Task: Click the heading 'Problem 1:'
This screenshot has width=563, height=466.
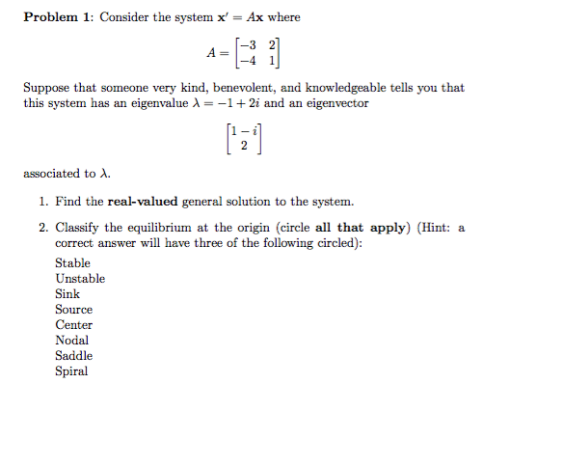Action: pos(58,17)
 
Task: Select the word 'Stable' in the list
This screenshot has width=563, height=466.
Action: pos(72,262)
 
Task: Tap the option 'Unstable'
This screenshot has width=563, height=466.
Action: pos(80,278)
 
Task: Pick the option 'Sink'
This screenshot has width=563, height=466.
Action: pos(67,293)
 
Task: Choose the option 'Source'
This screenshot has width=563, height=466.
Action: pos(73,309)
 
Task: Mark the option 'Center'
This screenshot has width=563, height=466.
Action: pos(73,324)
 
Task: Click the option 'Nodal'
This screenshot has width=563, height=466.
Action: pos(71,340)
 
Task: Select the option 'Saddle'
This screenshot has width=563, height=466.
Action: pos(73,355)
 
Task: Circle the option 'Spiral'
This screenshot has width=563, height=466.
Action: pos(71,370)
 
